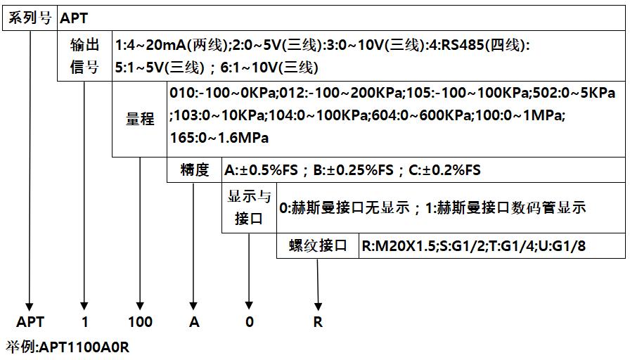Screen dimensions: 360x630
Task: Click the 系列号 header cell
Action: click(30, 18)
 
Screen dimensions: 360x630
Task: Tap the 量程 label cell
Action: click(139, 119)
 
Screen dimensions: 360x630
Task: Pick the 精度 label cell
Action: click(194, 169)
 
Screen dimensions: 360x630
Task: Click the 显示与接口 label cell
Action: click(249, 208)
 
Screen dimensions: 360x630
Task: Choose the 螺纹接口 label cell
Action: click(318, 245)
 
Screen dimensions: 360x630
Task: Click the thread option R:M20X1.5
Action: click(399, 246)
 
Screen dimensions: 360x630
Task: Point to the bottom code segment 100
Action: click(140, 322)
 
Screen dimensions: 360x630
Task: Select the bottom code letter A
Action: click(194, 322)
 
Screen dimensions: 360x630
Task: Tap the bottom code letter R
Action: click(318, 322)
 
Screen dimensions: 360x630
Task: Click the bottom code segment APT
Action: click(30, 322)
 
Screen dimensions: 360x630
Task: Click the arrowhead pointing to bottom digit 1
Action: click(84, 303)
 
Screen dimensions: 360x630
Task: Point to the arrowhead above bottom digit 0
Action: click(249, 303)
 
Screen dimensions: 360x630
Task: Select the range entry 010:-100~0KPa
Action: click(224, 94)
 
